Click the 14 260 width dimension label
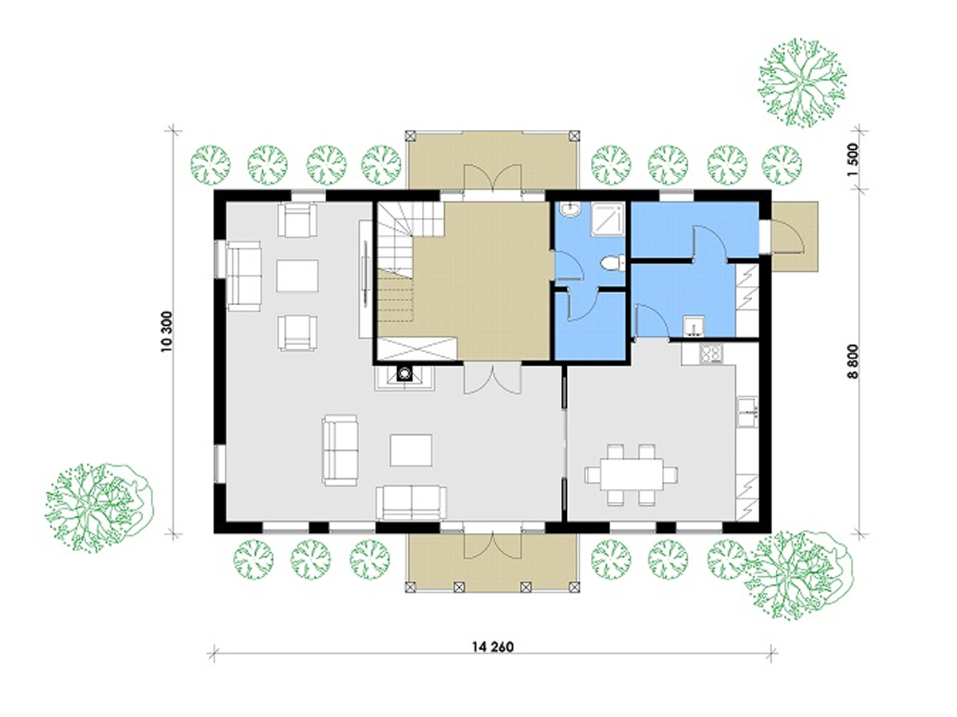tap(493, 659)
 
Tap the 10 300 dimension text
tap(167, 331)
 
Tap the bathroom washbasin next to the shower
tap(570, 210)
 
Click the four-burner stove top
tap(711, 353)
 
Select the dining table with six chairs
tap(631, 475)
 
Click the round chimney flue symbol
tap(405, 374)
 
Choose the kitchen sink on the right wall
tap(747, 411)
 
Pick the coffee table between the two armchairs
tap(297, 276)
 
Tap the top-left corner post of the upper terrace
tap(410, 135)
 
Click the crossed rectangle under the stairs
tap(416, 349)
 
